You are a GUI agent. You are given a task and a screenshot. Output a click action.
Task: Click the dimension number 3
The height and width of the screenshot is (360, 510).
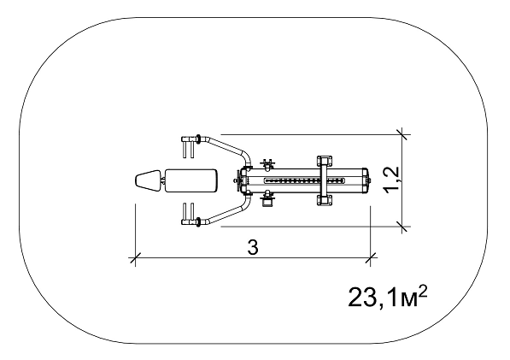pos(253,248)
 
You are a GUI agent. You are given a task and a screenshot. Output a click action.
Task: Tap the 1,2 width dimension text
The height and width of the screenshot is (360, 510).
pos(391,180)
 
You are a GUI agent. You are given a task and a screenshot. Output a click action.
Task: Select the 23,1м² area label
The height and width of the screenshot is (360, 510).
pos(387,297)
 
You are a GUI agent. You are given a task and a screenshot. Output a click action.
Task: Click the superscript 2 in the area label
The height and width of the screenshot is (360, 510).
pos(422,291)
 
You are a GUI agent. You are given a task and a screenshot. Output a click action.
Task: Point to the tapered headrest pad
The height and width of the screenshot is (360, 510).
pos(148,180)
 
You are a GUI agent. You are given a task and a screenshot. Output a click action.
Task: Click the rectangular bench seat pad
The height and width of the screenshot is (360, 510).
pos(191,180)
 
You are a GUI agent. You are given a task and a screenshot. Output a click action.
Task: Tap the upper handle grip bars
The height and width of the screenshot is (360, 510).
pos(188,147)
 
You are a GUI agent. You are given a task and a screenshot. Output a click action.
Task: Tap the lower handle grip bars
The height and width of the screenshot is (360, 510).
pos(188,214)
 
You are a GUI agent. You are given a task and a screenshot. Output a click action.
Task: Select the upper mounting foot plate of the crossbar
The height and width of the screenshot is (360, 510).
pos(325,162)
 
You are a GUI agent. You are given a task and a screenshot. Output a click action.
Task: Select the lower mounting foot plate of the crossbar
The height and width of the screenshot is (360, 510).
pos(325,199)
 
